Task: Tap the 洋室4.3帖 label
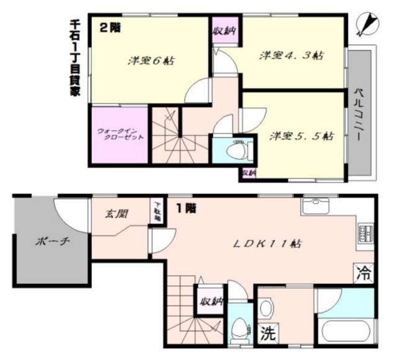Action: tap(290, 55)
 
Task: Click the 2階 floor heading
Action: tap(110, 27)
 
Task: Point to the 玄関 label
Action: tap(116, 214)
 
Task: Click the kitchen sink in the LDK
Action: tap(316, 206)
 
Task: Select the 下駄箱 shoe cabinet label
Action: tap(157, 211)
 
